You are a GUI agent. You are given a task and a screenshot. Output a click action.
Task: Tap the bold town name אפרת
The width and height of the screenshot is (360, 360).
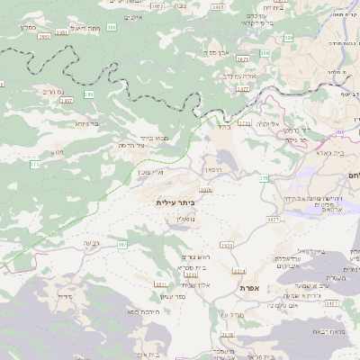pyautogui.click(x=249, y=288)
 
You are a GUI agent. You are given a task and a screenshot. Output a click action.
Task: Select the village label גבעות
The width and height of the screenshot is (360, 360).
pyautogui.click(x=91, y=243)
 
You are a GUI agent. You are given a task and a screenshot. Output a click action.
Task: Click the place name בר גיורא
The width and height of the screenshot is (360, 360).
pyautogui.click(x=87, y=124)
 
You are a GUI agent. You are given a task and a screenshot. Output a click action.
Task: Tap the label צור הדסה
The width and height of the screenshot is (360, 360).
pyautogui.click(x=132, y=146)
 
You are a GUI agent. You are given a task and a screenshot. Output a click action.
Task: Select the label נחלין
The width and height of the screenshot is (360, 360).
pyautogui.click(x=184, y=219)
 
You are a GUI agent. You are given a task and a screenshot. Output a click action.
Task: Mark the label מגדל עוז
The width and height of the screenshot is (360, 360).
pyautogui.click(x=232, y=314)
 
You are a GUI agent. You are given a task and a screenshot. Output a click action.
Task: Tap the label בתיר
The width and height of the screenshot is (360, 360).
pyautogui.click(x=223, y=127)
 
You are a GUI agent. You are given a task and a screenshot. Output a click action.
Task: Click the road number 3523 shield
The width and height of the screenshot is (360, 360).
pyautogui.click(x=226, y=245)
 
